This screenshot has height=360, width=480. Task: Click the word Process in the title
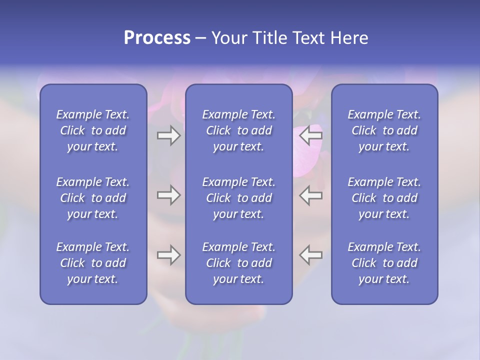157,38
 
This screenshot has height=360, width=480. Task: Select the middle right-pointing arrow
168,195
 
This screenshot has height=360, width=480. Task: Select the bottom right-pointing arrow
168,255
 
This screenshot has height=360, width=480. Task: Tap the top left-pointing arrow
311,135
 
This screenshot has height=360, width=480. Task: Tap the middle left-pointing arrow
311,195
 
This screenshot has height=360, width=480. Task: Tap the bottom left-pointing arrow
311,255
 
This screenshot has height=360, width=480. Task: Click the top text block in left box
93,130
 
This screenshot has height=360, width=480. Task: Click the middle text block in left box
93,198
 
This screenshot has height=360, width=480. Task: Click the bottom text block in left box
93,263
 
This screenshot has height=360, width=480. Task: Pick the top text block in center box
239,130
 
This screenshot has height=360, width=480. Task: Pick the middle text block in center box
239,198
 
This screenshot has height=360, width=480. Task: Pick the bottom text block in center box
239,263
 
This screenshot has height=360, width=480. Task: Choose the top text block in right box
384,130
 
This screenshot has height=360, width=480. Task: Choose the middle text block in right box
384,198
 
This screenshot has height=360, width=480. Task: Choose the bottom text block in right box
384,263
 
